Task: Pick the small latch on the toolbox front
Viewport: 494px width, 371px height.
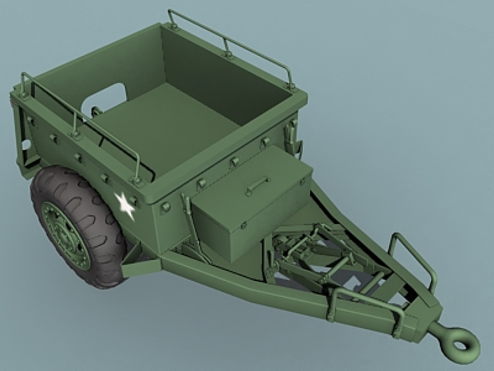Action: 244,225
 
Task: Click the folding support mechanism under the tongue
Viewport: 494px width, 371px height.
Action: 309,251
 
